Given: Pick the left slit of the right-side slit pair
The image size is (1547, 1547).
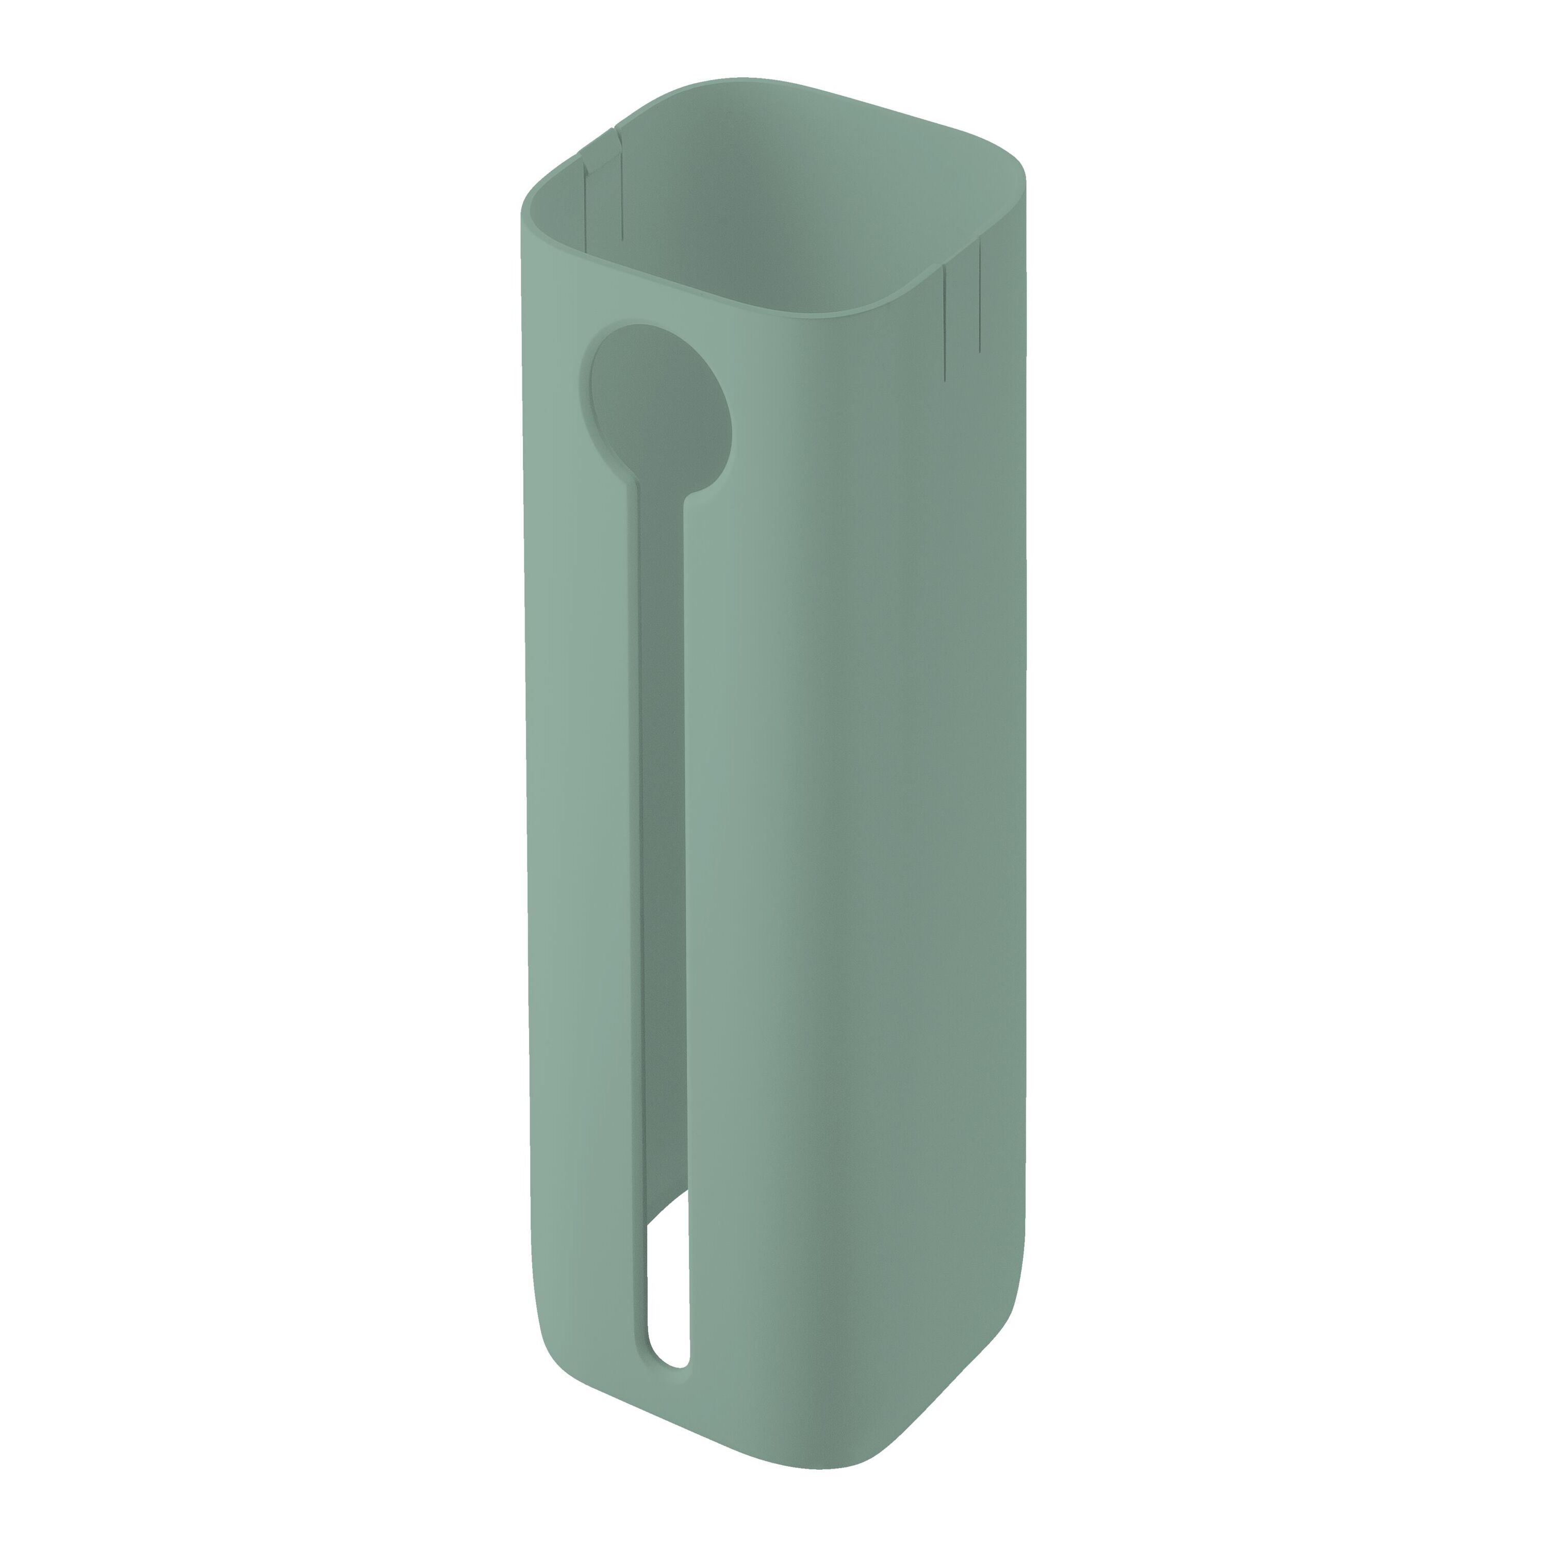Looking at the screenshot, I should click(946, 320).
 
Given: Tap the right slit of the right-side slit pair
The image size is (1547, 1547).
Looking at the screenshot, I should click(979, 297).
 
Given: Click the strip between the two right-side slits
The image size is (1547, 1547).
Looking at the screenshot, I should click(962, 312).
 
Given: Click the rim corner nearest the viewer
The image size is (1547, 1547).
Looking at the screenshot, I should click(849, 308).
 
